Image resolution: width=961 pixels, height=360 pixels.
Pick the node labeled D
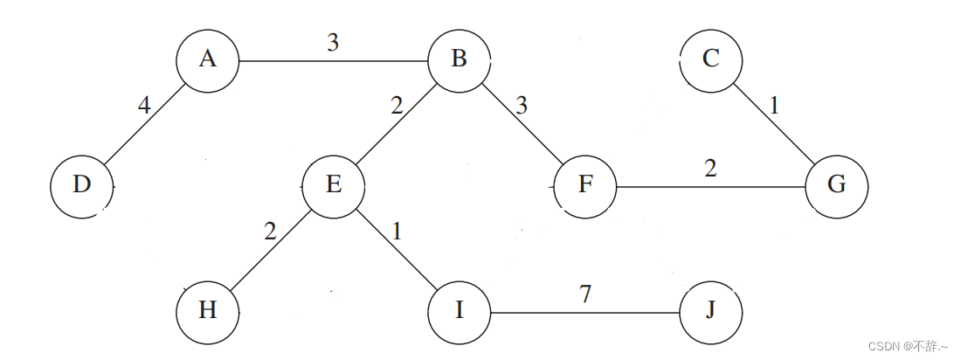coord(81,186)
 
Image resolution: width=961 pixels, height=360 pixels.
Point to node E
coord(333,186)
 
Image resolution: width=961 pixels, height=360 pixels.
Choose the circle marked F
coord(584,186)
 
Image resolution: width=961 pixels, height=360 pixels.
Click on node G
coord(836,186)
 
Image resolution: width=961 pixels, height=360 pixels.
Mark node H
coord(207,311)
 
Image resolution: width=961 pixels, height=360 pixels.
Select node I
coord(459,311)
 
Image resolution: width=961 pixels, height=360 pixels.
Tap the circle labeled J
coord(710,311)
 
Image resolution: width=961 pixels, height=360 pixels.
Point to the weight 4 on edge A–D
coord(144,106)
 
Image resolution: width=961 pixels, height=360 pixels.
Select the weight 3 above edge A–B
coord(333,42)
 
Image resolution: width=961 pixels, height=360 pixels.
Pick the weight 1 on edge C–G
coord(773,106)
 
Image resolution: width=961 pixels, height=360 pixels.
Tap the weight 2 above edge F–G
coord(710,168)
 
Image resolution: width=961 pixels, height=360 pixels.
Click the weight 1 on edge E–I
coord(397,232)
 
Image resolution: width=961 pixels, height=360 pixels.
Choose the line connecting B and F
coord(522,123)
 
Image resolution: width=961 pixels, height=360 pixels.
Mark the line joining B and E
coord(396,123)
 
